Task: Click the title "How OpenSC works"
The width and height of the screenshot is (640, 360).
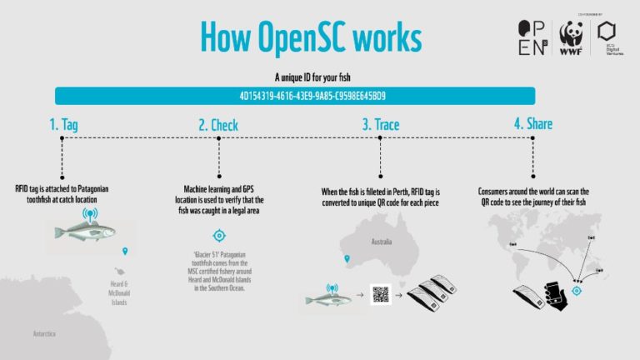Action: pos(310,37)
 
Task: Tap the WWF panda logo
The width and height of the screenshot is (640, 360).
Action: pos(570,37)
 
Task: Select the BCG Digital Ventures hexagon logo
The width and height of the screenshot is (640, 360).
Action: pos(607,36)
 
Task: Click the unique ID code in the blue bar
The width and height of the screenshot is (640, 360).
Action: pos(312,96)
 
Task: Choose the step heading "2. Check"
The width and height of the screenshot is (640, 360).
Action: pos(217,126)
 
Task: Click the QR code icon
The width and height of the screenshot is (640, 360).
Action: pos(381,295)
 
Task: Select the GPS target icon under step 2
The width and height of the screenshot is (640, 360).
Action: pos(218,236)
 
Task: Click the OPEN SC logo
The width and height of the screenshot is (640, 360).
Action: pos(533,37)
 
